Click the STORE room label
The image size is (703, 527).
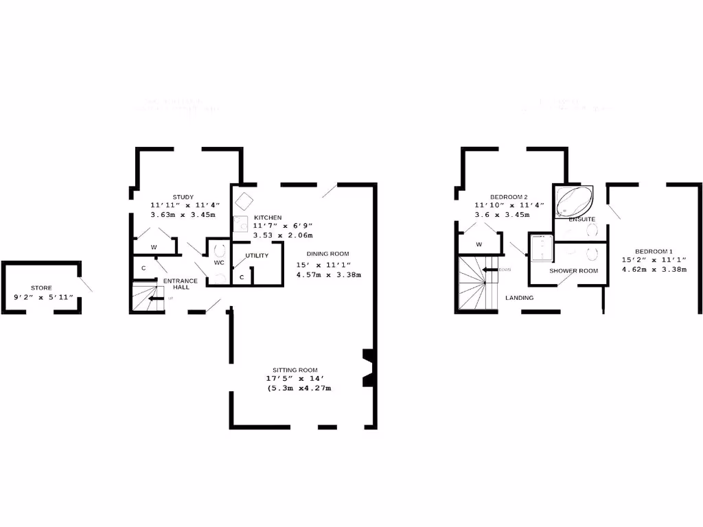(x=41, y=288)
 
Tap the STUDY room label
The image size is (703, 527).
(x=183, y=197)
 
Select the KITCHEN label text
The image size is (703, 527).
(x=268, y=218)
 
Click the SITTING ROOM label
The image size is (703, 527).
(x=295, y=370)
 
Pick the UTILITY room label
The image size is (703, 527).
(x=257, y=256)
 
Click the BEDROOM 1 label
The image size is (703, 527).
(x=654, y=250)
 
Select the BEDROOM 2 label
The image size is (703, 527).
(x=508, y=196)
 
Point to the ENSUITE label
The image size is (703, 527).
(x=581, y=219)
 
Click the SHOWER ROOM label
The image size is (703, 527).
(x=573, y=270)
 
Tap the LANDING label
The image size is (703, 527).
(x=519, y=298)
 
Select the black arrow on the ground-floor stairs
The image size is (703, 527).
(x=157, y=298)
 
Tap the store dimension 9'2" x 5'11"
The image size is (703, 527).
(x=43, y=297)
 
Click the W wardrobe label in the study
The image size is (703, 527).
(x=154, y=247)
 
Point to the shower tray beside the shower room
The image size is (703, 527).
(x=540, y=248)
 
